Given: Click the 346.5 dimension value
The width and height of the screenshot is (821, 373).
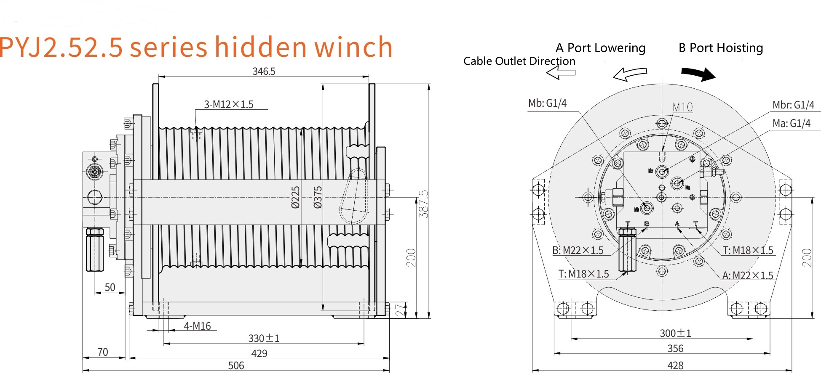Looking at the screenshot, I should coord(264,71).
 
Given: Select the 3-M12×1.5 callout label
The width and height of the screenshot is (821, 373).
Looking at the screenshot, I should coord(229,104).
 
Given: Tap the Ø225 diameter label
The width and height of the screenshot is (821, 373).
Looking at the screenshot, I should coord(295,197).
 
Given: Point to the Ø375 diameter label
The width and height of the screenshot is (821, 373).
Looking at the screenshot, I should coord(318,197).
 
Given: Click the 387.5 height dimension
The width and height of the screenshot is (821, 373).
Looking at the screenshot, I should coord(423,204).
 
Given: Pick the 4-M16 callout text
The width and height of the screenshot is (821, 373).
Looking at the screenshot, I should coord(197,326).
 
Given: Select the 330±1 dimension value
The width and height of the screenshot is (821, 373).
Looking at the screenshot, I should coord(264,338).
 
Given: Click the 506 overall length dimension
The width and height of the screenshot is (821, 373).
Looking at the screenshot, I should coord(236,365).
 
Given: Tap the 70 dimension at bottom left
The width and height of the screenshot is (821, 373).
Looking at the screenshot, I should coord(102,352).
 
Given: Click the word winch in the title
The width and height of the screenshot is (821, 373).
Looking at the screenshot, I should coord(353,47).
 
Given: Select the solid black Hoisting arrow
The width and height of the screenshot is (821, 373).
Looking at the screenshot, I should coord(698,74).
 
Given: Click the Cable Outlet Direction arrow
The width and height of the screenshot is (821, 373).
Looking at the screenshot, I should coord(561,73).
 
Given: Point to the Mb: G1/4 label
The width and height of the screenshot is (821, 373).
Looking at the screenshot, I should coord(547,103).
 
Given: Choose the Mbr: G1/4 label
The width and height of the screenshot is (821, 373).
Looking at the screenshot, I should coord(793,105).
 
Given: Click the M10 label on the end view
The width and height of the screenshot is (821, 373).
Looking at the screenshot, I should coord(682,107).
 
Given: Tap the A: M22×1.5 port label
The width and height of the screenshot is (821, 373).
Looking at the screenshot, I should coord(748,275).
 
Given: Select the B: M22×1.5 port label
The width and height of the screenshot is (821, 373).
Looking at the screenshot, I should coord(578,250).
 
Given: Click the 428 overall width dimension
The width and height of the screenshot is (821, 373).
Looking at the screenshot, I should coord(675,365).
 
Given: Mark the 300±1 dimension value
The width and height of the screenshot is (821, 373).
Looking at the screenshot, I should coord(675,333).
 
